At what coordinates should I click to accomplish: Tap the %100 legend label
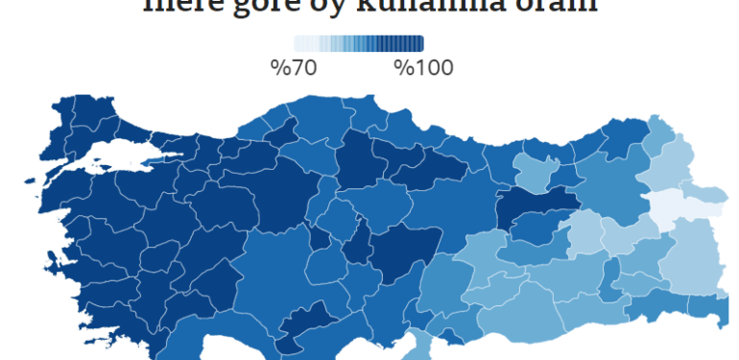(x=423, y=67)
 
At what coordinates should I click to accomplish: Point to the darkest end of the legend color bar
(x=418, y=43)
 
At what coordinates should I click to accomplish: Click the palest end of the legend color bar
(x=298, y=43)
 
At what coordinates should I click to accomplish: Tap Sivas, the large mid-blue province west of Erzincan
(x=451, y=206)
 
